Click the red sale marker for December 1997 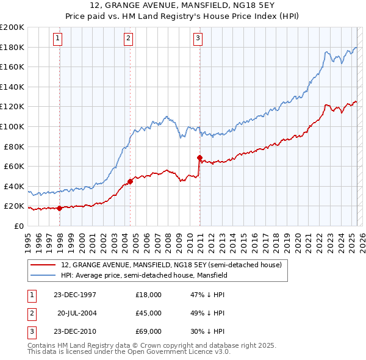click(x=60, y=208)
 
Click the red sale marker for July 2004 click(x=130, y=181)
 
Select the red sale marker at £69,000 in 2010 click(x=199, y=157)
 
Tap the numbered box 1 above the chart click(x=57, y=38)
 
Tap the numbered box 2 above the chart click(x=129, y=38)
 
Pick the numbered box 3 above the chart click(x=198, y=38)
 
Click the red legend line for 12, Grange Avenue click(x=42, y=265)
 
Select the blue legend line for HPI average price click(x=42, y=276)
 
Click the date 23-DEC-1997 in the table click(x=74, y=295)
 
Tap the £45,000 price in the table click(x=148, y=313)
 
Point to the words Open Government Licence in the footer click(x=173, y=351)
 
